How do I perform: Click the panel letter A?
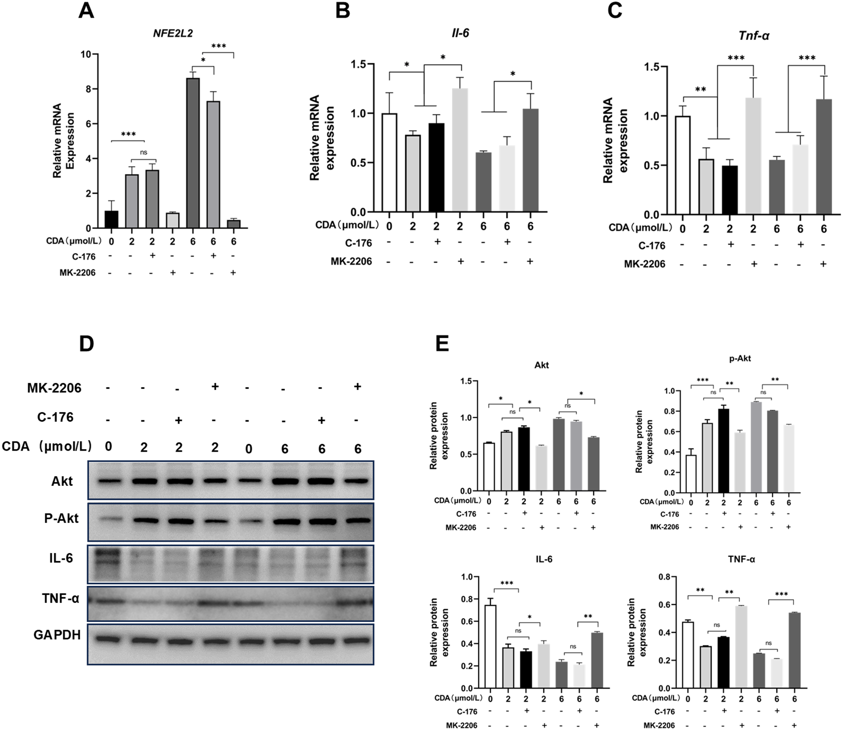pos(86,10)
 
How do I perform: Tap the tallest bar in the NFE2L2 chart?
pos(193,153)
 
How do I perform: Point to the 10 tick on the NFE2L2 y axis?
pos(86,54)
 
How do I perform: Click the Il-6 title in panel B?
pos(460,33)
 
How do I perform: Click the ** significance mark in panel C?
pos(700,89)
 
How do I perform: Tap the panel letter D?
pos(86,343)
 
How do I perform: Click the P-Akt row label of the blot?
pos(61,518)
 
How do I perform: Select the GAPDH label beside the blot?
pos(57,635)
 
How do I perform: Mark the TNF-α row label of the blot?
pos(60,598)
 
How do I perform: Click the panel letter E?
pos(442,343)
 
